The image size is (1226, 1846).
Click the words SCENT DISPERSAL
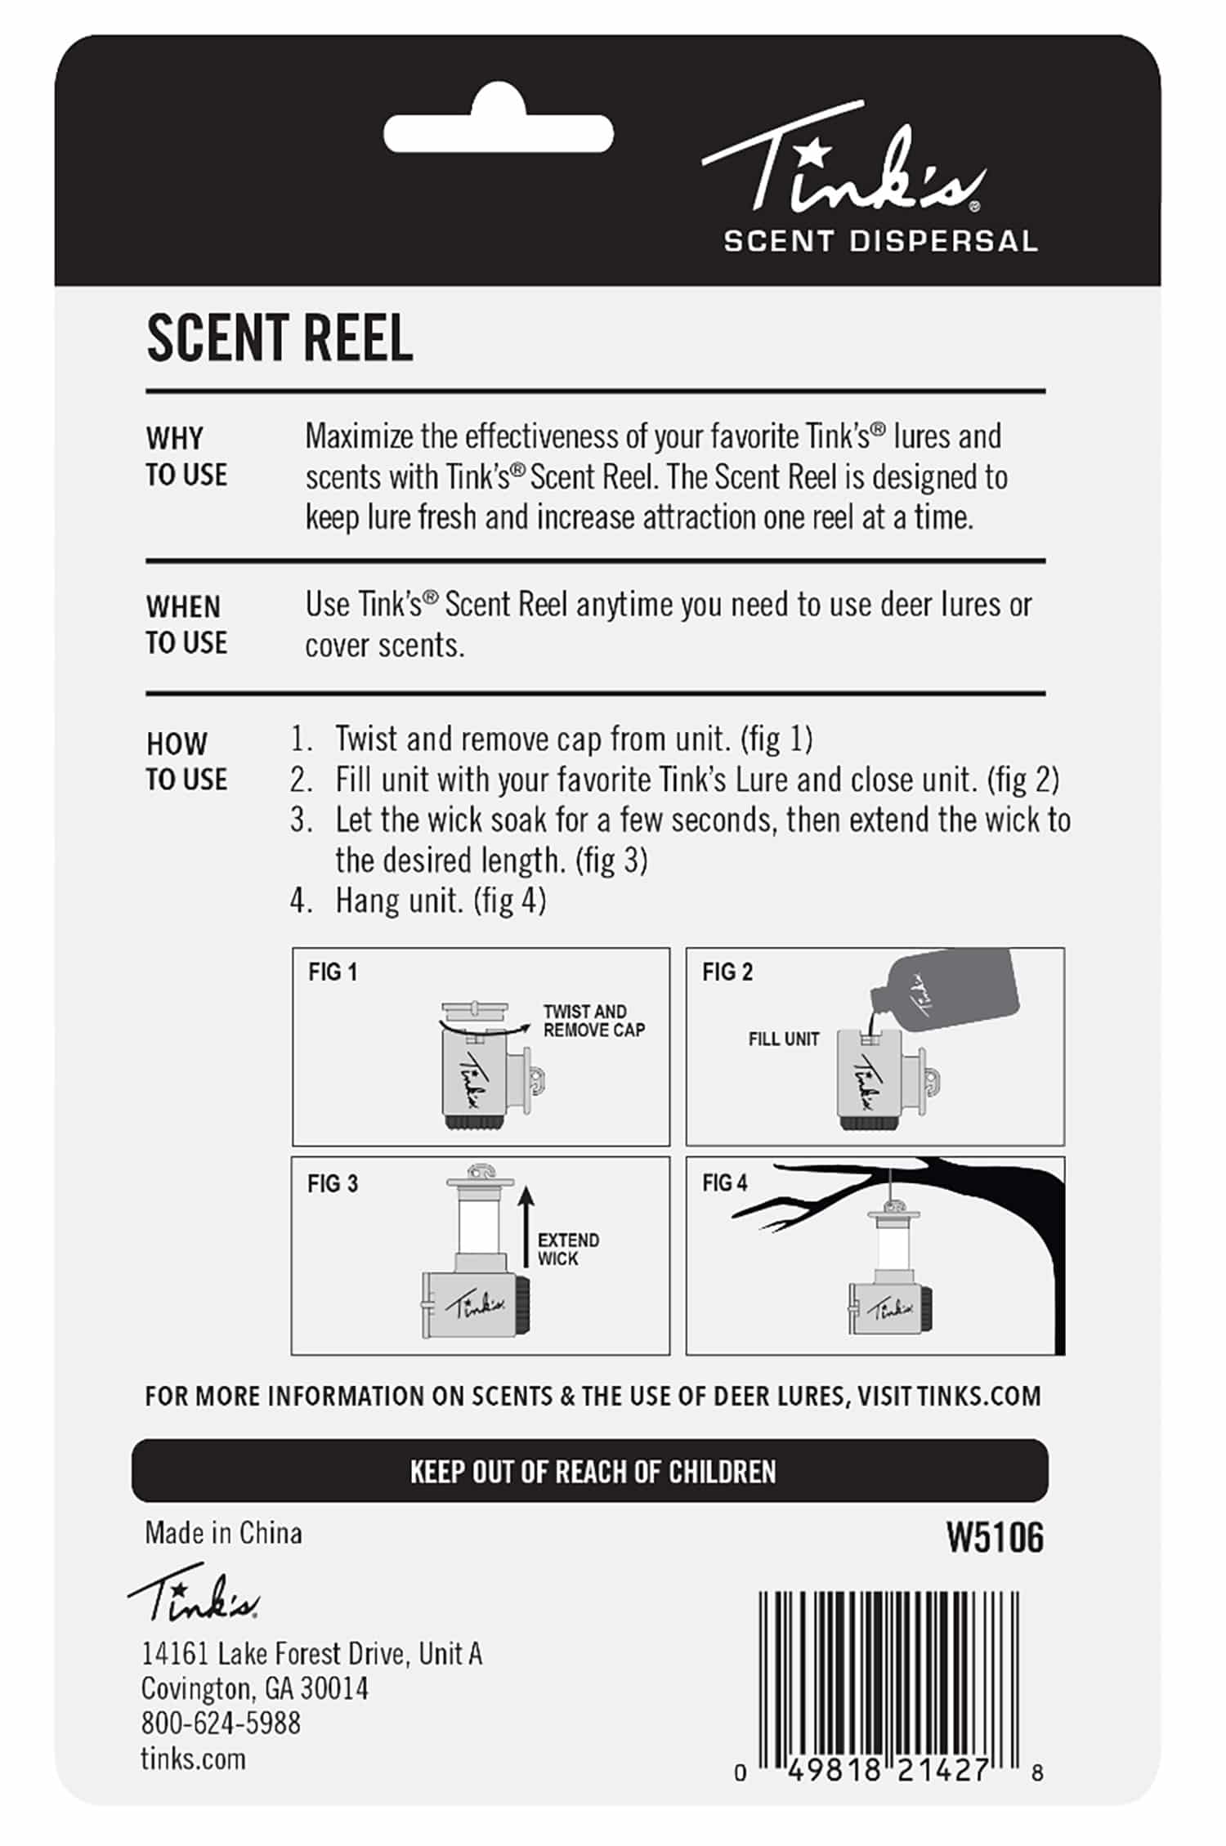click(880, 241)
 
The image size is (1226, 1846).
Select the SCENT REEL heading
click(280, 338)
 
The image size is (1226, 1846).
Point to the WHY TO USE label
click(186, 457)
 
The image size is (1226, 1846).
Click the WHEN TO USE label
click(186, 625)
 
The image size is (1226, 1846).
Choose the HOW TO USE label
click(186, 762)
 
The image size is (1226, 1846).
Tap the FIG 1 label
click(333, 972)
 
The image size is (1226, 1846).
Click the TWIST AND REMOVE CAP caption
click(594, 1021)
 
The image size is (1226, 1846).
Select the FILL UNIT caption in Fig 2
click(784, 1039)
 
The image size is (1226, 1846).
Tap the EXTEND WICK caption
click(569, 1249)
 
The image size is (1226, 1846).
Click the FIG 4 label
click(725, 1183)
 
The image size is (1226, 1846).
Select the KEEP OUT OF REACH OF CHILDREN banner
click(590, 1471)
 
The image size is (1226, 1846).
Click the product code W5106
click(995, 1539)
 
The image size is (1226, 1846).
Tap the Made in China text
click(223, 1533)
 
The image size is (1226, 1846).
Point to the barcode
click(890, 1692)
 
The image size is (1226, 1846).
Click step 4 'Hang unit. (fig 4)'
click(418, 901)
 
